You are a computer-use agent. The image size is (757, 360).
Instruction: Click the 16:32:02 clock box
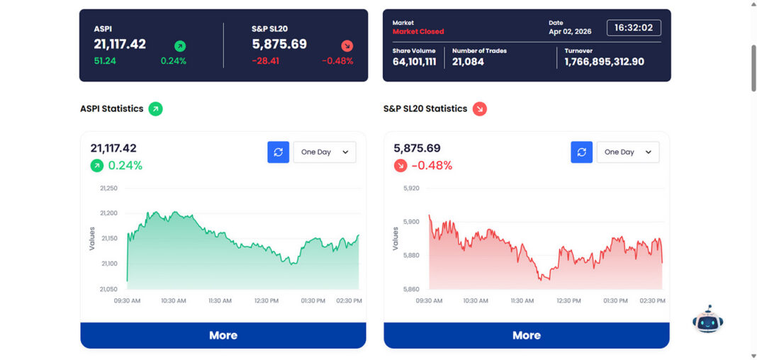pos(634,28)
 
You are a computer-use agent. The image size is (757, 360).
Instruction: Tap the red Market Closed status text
pos(418,32)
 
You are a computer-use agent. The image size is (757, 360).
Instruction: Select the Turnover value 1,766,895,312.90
pos(604,62)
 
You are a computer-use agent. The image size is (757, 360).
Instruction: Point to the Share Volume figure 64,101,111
pos(414,62)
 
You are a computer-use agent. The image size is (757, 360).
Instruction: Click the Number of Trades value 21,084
pos(468,62)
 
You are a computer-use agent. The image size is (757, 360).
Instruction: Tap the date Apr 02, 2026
pos(569,32)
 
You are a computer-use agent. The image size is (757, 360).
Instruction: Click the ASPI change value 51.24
pos(105,61)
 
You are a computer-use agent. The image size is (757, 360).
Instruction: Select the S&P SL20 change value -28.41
pos(266,61)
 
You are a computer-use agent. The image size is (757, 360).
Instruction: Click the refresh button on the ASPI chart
pos(278,152)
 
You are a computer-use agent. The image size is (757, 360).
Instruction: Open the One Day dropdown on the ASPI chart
pos(325,152)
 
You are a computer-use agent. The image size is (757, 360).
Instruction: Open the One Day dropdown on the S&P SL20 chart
pos(628,152)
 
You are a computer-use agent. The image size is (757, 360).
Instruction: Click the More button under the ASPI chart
pos(223,335)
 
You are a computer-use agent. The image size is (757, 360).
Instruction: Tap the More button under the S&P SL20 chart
pos(527,335)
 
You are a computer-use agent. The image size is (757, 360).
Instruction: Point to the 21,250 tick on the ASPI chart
pos(108,189)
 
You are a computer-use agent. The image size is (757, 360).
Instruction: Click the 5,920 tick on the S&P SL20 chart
pos(411,189)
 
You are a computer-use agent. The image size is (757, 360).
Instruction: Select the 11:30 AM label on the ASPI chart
pos(220,301)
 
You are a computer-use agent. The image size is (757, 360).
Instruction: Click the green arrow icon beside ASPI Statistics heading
pos(155,109)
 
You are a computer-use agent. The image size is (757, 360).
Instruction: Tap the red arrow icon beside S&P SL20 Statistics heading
pos(480,109)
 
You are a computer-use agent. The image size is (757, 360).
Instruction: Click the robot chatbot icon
pos(707,320)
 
